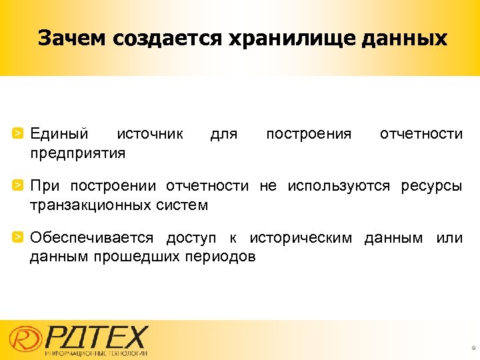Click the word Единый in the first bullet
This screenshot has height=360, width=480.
[59, 134]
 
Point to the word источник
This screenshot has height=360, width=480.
[150, 134]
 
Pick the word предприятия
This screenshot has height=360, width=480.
[77, 154]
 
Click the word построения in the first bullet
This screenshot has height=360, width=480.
[309, 134]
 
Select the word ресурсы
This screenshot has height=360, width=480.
[431, 185]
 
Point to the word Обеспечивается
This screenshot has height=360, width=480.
[92, 237]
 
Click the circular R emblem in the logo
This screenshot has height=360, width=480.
[23, 340]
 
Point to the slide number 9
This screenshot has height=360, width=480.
[473, 349]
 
